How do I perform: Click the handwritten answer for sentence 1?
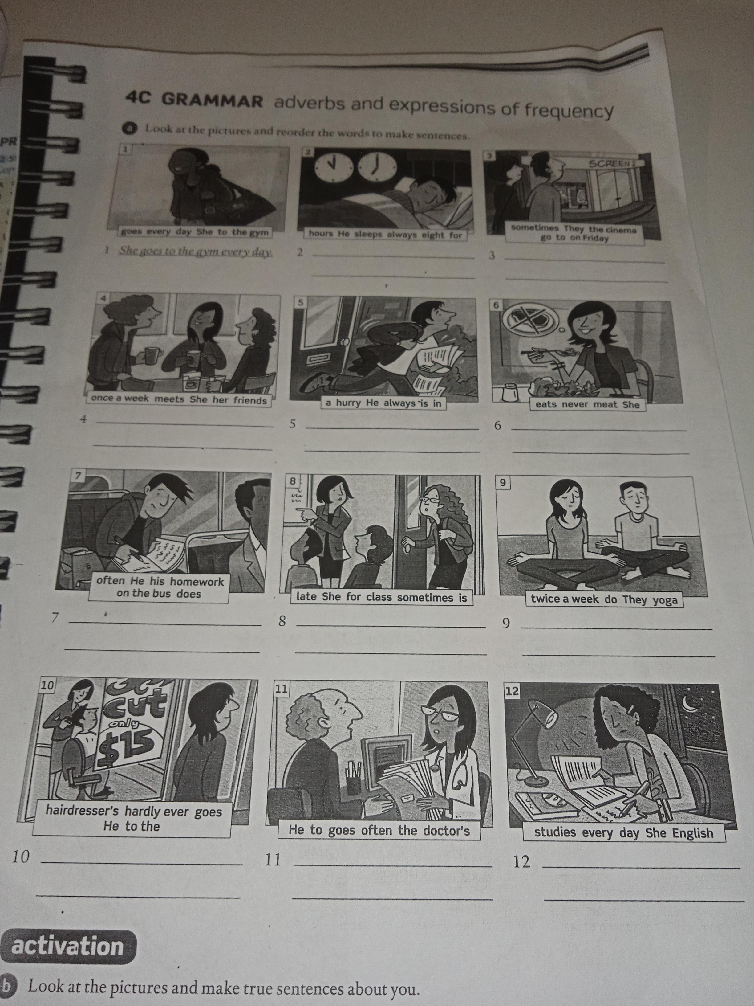pyautogui.click(x=196, y=251)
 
